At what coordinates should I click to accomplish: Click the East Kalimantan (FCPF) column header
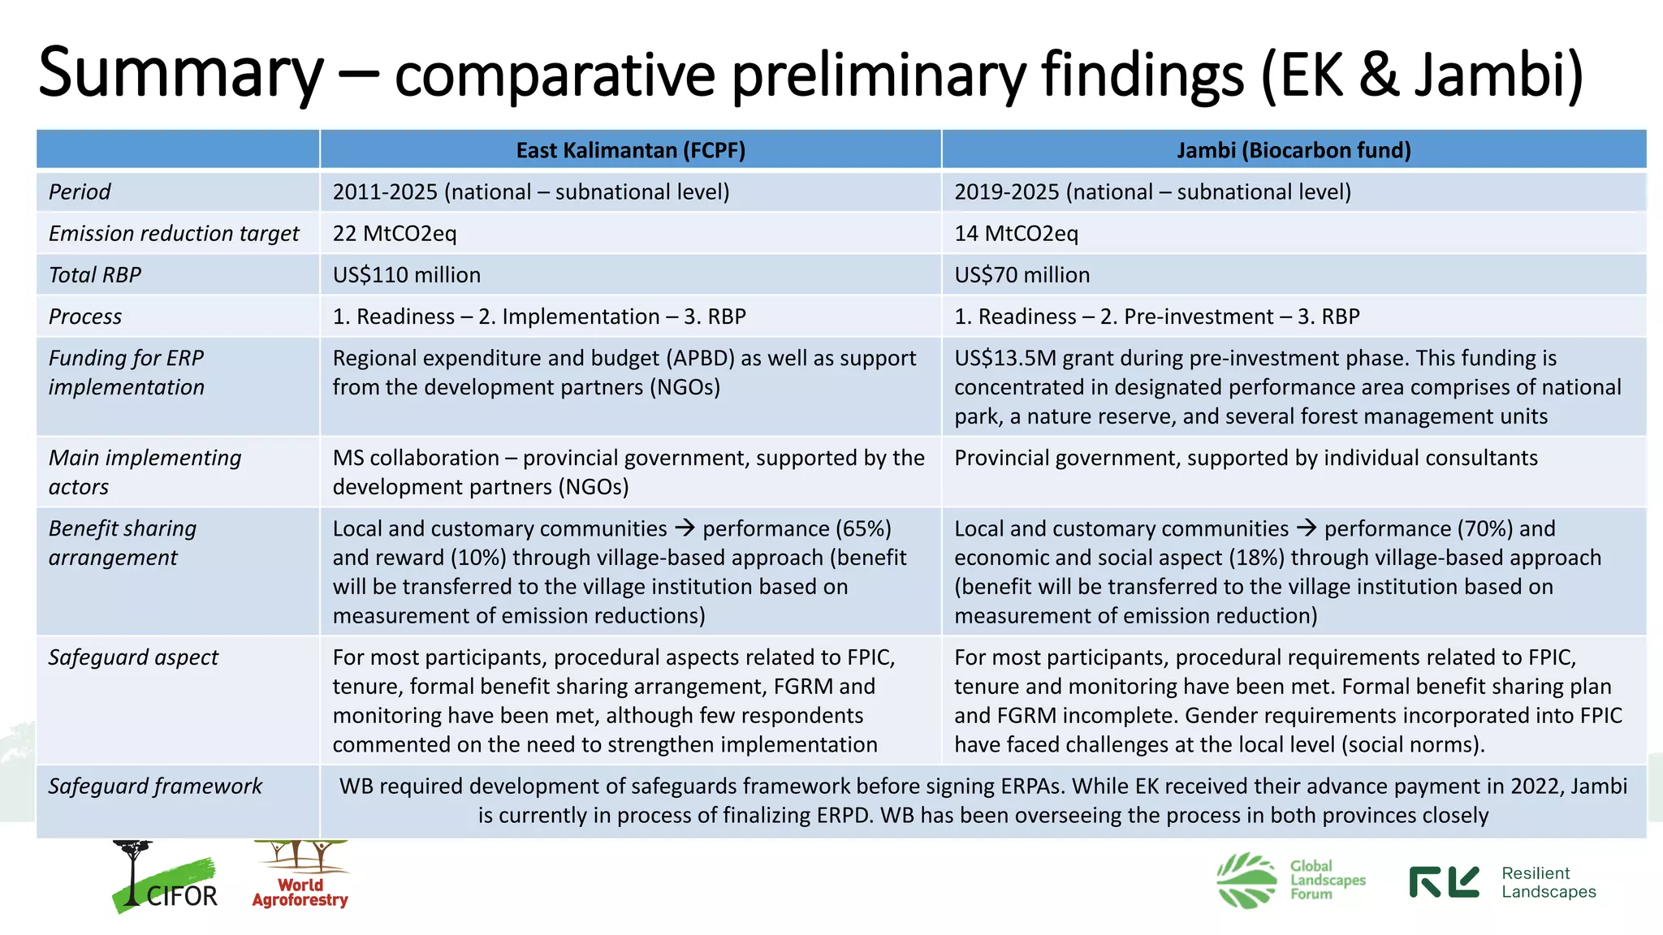point(630,150)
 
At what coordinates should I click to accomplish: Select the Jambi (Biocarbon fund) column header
point(1294,150)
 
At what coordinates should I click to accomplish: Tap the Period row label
point(80,192)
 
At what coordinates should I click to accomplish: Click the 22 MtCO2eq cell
point(395,234)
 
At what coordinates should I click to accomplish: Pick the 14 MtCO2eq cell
point(1016,234)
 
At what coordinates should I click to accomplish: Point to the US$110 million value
point(406,275)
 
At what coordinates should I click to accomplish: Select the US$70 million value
point(1022,275)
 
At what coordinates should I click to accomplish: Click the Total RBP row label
point(95,275)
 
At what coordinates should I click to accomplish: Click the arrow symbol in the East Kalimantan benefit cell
point(685,528)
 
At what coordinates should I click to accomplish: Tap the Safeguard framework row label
point(155,786)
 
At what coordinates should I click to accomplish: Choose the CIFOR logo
point(165,881)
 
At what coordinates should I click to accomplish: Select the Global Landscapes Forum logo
point(1291,881)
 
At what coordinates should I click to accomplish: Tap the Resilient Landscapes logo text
point(1548,882)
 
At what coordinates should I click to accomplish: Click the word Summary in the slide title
point(180,73)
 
